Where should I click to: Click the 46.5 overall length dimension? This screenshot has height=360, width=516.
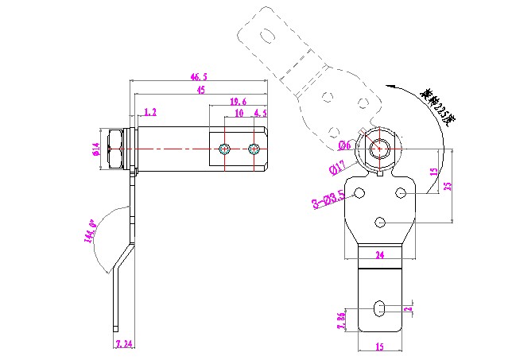click(199, 77)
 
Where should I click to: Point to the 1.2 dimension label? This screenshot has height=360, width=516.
click(150, 113)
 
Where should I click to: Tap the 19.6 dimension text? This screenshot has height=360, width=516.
click(238, 102)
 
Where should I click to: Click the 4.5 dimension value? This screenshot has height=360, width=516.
click(260, 113)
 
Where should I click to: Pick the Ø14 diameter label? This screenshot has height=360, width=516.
click(95, 149)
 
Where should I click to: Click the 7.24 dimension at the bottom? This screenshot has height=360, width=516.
click(125, 344)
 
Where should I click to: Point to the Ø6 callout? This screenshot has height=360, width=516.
click(344, 145)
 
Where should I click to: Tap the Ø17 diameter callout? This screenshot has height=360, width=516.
click(336, 166)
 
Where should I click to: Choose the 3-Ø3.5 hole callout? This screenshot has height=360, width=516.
click(328, 199)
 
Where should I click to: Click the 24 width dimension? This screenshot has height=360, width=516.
click(379, 255)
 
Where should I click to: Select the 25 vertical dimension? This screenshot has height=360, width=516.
click(448, 186)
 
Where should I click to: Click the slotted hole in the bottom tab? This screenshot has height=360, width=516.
click(381, 307)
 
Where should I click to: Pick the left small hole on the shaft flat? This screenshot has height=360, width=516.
click(226, 149)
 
